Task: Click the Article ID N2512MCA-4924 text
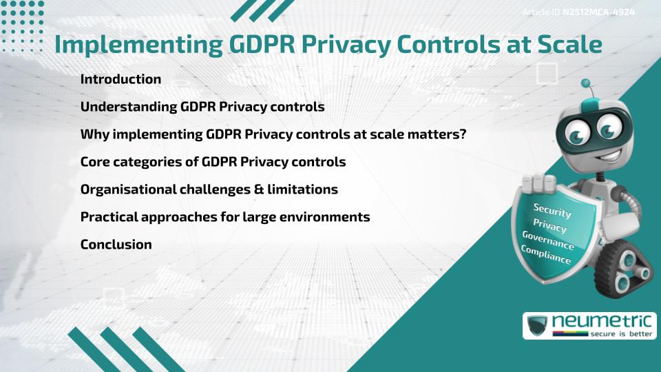(x=578, y=12)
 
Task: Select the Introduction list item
(x=120, y=79)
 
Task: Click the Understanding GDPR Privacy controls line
(x=202, y=107)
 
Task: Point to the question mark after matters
(x=463, y=134)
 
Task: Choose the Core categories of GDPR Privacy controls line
(x=213, y=162)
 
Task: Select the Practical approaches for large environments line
(x=225, y=217)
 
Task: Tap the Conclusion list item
(x=116, y=245)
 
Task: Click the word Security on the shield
(x=552, y=210)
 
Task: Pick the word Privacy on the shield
(x=550, y=226)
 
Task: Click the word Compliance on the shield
(x=545, y=256)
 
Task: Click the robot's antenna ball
(x=586, y=83)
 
